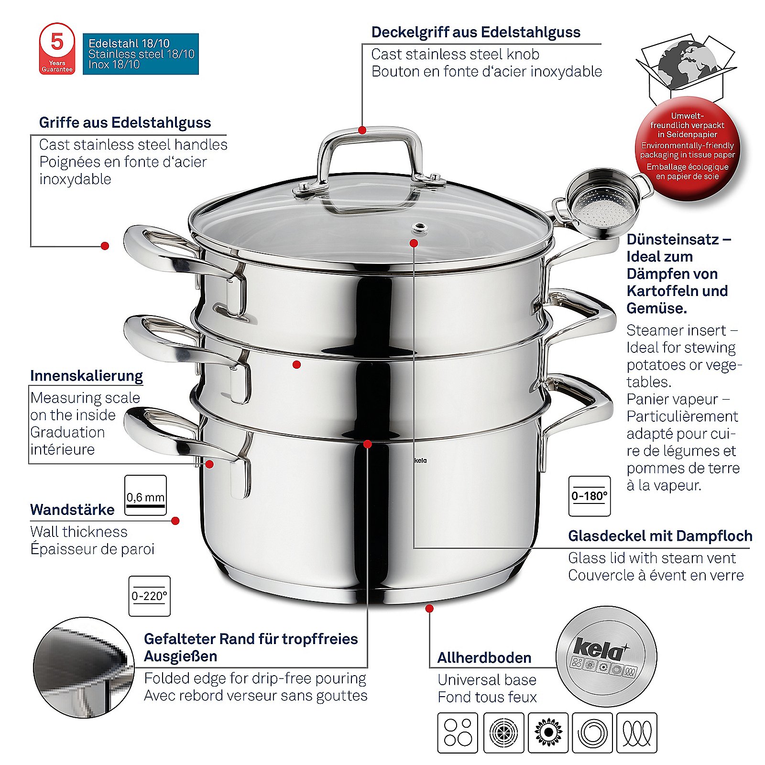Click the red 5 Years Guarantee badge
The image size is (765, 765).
tap(57, 49)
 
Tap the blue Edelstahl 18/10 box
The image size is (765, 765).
tap(141, 54)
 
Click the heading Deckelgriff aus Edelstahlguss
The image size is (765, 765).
tap(476, 32)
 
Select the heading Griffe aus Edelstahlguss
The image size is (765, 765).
tap(125, 122)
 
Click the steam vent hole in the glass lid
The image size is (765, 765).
tap(420, 228)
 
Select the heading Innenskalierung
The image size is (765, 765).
tap(87, 376)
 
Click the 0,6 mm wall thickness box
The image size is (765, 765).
tap(145, 495)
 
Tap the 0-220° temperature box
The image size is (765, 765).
tap(149, 596)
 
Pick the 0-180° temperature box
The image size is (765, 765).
tap(589, 496)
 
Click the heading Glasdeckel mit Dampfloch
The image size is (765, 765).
tap(660, 536)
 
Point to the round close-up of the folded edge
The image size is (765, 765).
tap(84, 667)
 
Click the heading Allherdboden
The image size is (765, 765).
tap(484, 658)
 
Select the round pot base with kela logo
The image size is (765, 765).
tap(606, 656)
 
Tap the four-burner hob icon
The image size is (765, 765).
tap(458, 732)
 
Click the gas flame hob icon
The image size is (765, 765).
tap(548, 732)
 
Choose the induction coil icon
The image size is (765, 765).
tap(637, 732)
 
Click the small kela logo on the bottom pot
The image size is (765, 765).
tap(420, 460)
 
